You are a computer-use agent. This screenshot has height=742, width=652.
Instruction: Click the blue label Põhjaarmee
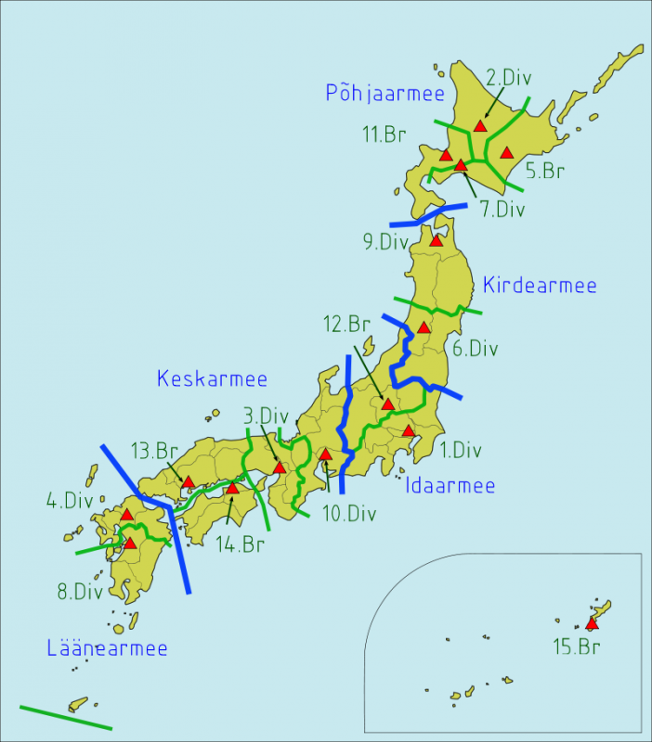tap(385, 93)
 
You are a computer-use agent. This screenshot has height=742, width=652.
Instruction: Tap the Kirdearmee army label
tap(540, 286)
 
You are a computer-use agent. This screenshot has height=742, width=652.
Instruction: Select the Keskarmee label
tap(212, 378)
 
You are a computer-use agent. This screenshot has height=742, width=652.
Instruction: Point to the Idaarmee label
tap(450, 485)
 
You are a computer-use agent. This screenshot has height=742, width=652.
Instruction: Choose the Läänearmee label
tap(108, 647)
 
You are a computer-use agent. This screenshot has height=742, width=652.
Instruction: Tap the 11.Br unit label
tap(384, 134)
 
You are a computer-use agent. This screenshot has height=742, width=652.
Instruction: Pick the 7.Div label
tap(502, 209)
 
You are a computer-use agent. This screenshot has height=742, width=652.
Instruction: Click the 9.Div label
tap(386, 242)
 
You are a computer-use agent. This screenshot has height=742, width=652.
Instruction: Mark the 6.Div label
tap(475, 349)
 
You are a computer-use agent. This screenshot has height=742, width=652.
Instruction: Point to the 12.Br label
tap(346, 325)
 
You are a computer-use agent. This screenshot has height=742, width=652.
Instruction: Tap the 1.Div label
tap(461, 451)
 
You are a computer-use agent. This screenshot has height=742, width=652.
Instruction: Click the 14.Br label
tap(240, 544)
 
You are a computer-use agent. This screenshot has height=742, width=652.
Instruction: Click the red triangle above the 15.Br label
tap(592, 624)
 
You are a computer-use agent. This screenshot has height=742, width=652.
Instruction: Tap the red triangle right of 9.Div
tap(435, 240)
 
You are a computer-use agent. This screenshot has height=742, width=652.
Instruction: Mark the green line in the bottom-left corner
tap(65, 717)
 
